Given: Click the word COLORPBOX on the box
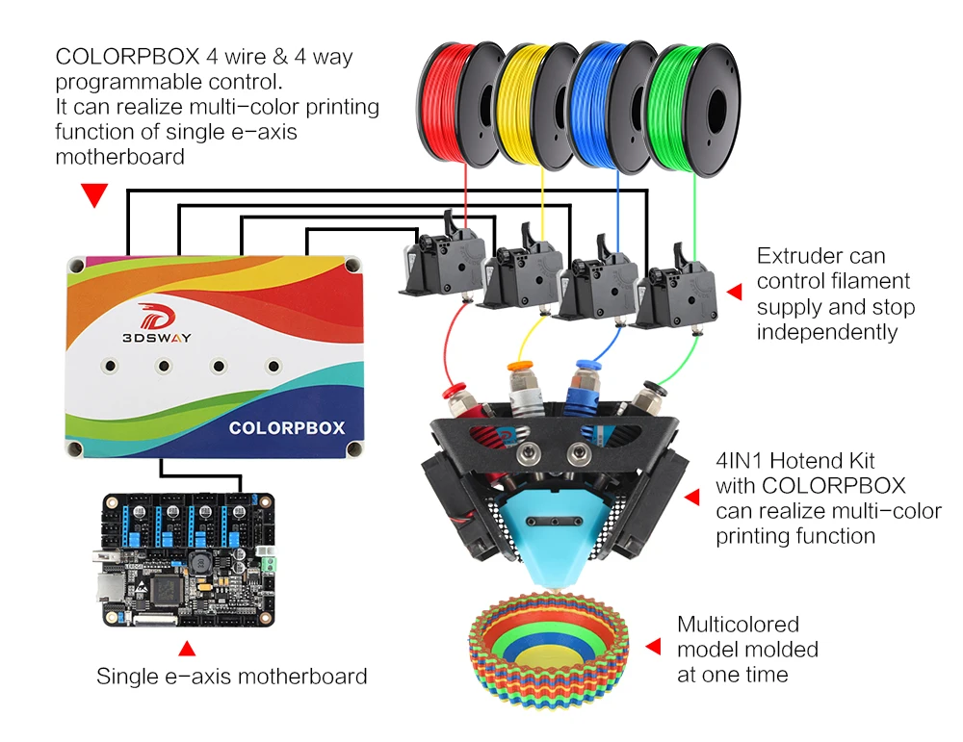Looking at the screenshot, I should coord(286,427).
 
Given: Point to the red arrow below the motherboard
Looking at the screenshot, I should coord(187,648).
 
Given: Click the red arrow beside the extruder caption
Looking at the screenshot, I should coord(734,292).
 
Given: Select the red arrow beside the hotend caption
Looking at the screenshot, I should coord(691,497).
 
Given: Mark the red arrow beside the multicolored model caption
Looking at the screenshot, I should coord(653,646).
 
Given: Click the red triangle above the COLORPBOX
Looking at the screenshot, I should coord(93,196).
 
